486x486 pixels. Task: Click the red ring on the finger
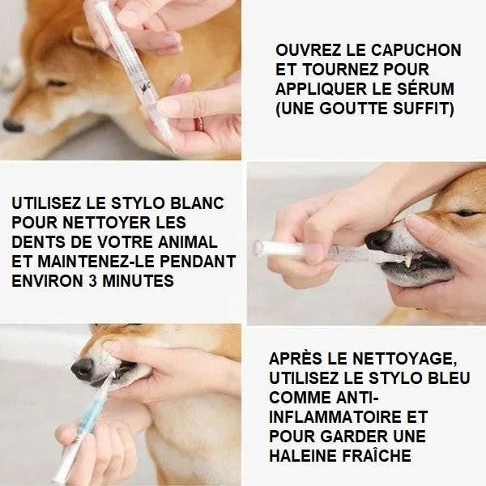(x=198, y=124)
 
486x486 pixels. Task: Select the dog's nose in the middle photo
(x=377, y=240)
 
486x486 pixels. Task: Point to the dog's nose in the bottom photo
(x=83, y=369)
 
